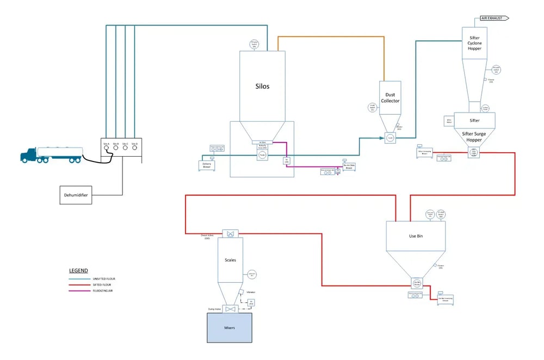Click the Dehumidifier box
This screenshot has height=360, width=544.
click(x=76, y=195)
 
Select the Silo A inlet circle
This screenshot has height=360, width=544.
click(x=107, y=148)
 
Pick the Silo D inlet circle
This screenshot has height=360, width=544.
click(x=134, y=148)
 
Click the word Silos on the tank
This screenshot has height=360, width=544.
click(x=263, y=86)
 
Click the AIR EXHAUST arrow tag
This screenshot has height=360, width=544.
click(x=494, y=18)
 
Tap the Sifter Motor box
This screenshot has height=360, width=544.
click(x=449, y=121)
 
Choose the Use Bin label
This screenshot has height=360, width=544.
click(x=416, y=236)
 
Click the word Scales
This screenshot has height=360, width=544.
click(x=230, y=259)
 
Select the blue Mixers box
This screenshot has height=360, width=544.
click(x=229, y=327)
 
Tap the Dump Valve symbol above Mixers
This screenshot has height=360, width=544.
click(x=231, y=309)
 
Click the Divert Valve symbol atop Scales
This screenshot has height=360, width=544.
click(x=231, y=234)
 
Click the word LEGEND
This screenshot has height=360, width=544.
click(x=78, y=270)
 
